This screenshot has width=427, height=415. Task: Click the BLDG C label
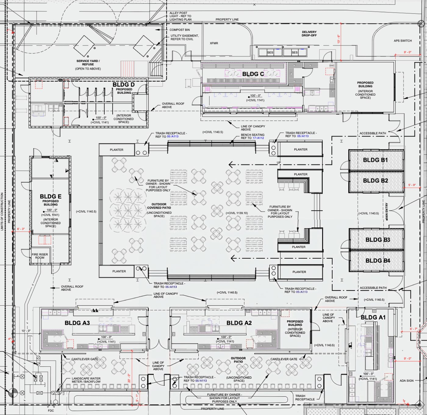point(253,74)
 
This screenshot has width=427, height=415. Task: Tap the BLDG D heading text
point(124,85)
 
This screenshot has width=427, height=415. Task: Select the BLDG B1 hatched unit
point(375,160)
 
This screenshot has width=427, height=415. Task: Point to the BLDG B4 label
point(378,260)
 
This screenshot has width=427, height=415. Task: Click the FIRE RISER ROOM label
point(40,256)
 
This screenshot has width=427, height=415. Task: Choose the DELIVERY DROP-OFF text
point(309,34)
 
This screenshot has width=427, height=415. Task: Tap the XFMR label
point(214,43)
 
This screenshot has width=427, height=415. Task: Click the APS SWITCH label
point(403,41)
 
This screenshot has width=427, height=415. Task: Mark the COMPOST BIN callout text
point(180,30)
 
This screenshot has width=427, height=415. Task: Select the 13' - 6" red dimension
point(339,39)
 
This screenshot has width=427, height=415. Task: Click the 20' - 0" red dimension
point(129,378)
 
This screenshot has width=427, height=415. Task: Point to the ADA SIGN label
point(407,381)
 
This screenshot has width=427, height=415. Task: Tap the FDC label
point(51,411)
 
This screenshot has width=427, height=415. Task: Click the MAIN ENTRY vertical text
point(387,212)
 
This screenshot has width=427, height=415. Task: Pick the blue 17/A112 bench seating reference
point(258,138)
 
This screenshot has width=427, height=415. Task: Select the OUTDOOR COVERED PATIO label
point(159,206)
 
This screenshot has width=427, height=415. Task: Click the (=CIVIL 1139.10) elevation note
point(237,213)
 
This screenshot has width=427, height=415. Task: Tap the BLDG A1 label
point(373,318)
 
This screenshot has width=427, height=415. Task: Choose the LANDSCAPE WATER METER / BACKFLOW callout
point(86,380)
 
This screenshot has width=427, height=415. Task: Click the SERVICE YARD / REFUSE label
point(88,63)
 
